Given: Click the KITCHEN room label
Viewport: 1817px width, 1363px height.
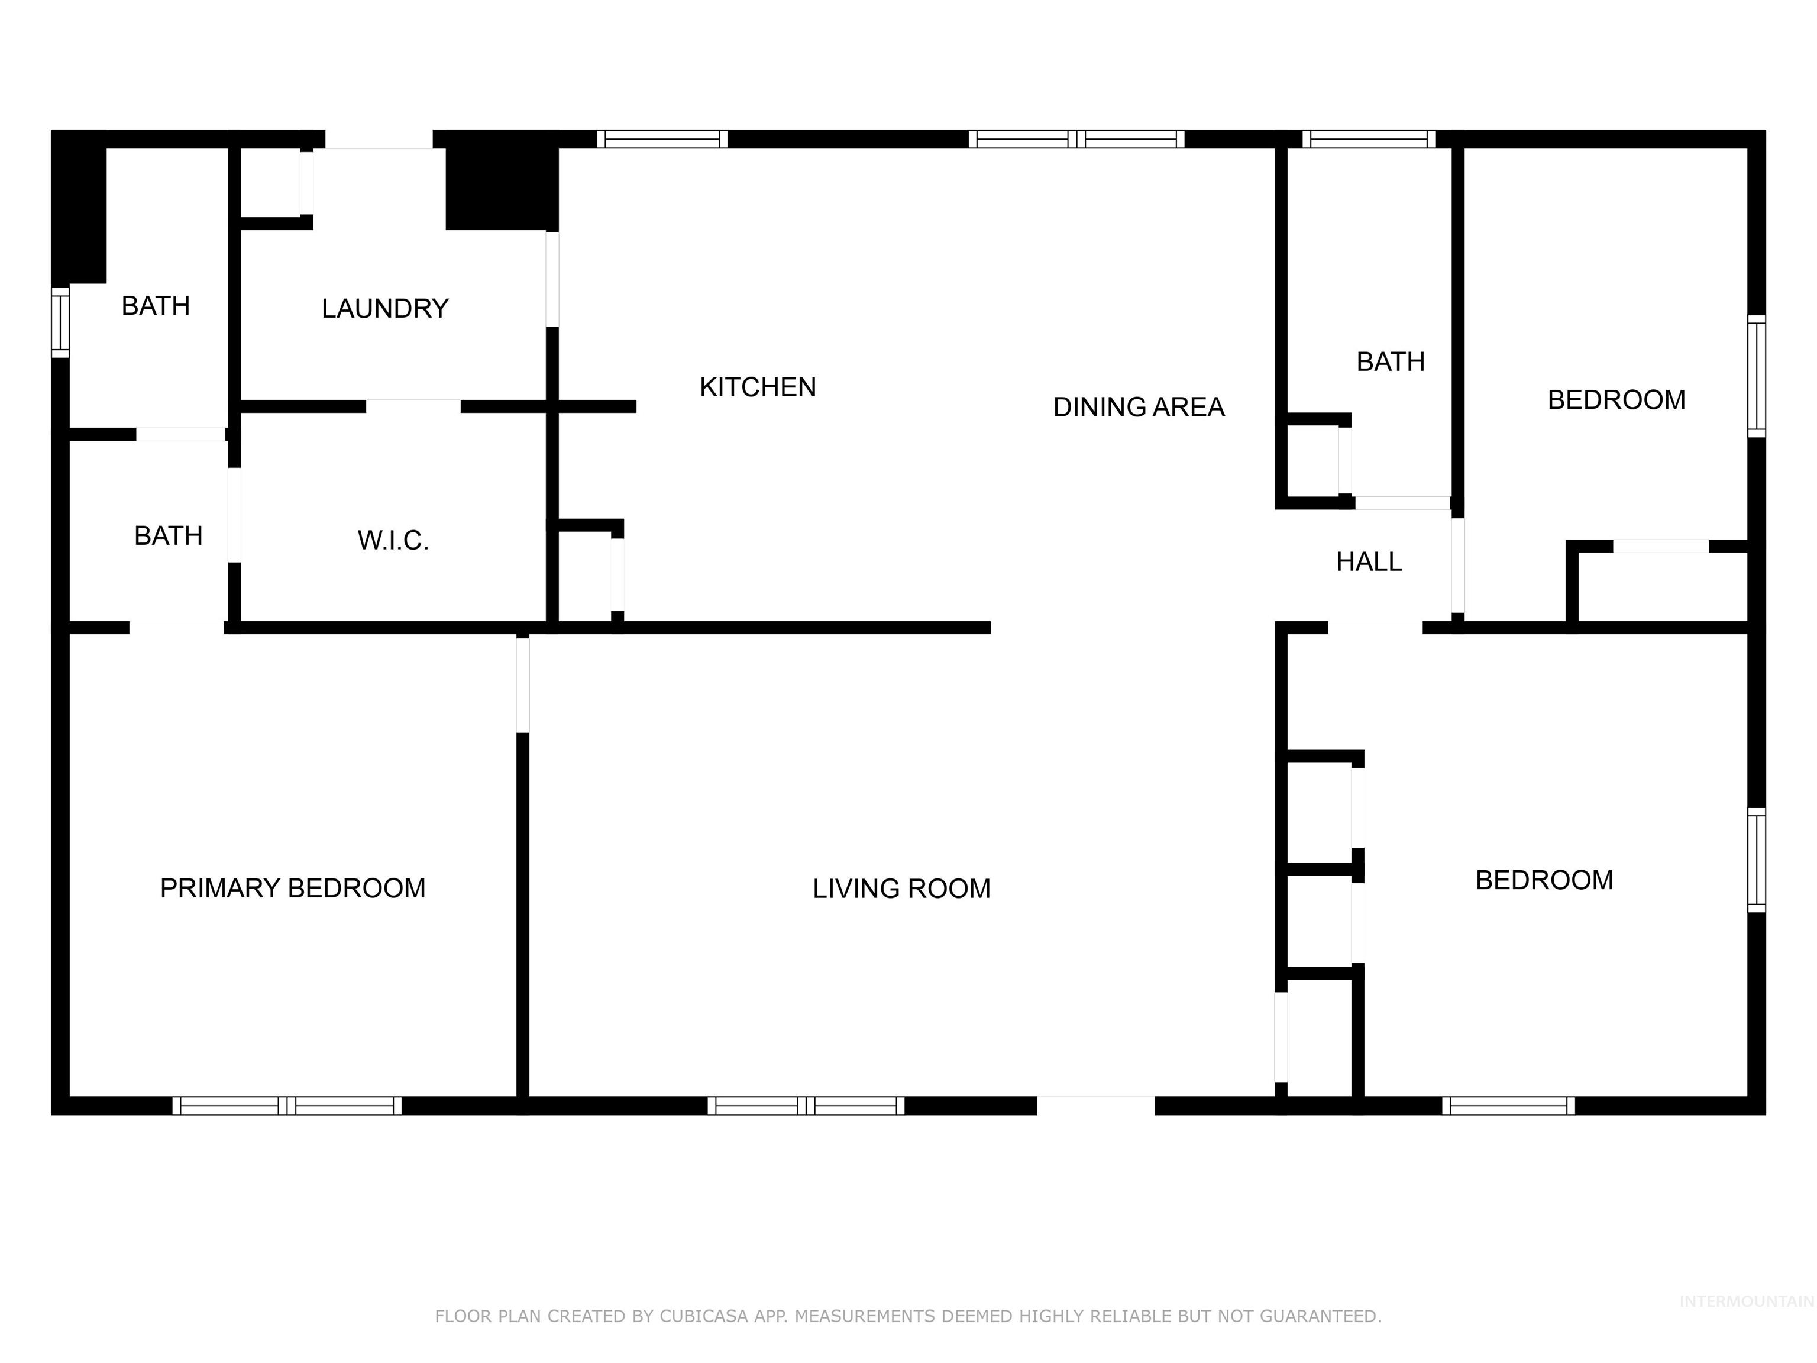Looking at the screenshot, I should tap(757, 387).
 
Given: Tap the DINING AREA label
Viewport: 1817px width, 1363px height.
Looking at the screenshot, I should tap(1139, 406).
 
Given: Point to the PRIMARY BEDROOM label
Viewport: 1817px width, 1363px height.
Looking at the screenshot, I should tap(292, 888).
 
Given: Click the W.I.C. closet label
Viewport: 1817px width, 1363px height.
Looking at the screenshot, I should tap(393, 541).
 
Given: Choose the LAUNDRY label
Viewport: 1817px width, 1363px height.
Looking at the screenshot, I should tap(384, 309).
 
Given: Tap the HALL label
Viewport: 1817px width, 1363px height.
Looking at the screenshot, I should tap(1369, 562).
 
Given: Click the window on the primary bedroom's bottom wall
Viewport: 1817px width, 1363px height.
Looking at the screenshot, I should tap(287, 1105).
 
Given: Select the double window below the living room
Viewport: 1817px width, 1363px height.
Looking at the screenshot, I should tap(806, 1105).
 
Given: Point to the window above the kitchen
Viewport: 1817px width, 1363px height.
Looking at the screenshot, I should tap(662, 139).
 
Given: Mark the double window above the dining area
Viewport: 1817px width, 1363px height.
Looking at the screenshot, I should tap(1076, 139).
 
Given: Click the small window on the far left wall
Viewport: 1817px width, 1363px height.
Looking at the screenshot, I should tap(60, 322).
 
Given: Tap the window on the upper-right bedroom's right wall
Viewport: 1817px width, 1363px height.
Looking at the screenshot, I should tap(1755, 376).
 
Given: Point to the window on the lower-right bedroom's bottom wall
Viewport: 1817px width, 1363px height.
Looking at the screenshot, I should tap(1508, 1105).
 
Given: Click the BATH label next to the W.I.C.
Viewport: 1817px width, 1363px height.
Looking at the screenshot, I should tap(169, 535).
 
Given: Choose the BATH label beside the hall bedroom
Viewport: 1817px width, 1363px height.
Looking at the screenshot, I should tap(1390, 361).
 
